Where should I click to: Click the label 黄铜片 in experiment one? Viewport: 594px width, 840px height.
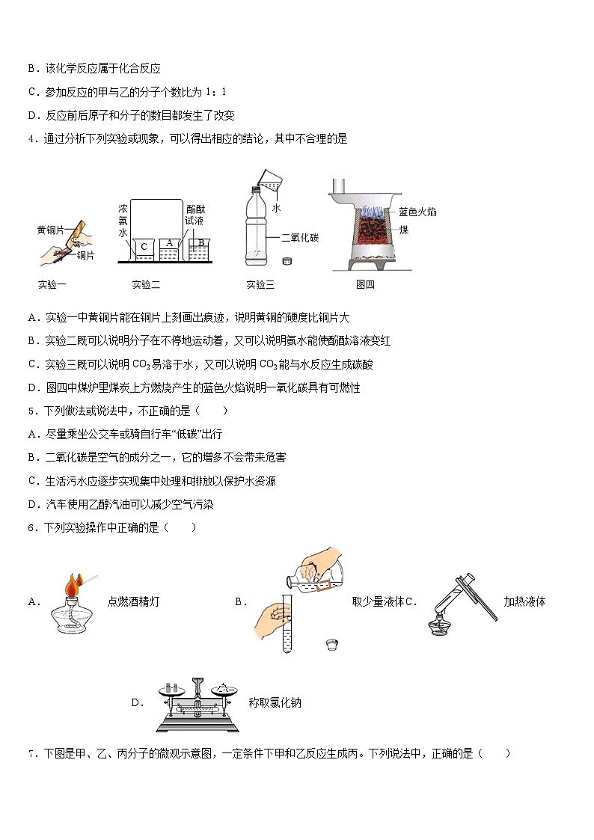[52, 229]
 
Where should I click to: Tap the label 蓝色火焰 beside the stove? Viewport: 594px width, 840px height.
[417, 212]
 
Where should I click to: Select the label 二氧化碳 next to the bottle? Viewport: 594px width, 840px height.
[300, 238]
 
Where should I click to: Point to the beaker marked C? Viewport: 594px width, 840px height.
[144, 249]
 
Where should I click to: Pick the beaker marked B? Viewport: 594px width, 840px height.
[200, 247]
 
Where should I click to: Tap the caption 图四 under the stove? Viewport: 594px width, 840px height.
[365, 284]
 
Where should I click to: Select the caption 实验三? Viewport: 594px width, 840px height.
[260, 284]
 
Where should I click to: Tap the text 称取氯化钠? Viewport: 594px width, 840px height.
[275, 702]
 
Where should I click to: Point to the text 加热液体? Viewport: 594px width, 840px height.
[524, 601]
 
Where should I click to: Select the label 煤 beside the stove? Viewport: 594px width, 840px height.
[404, 230]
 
